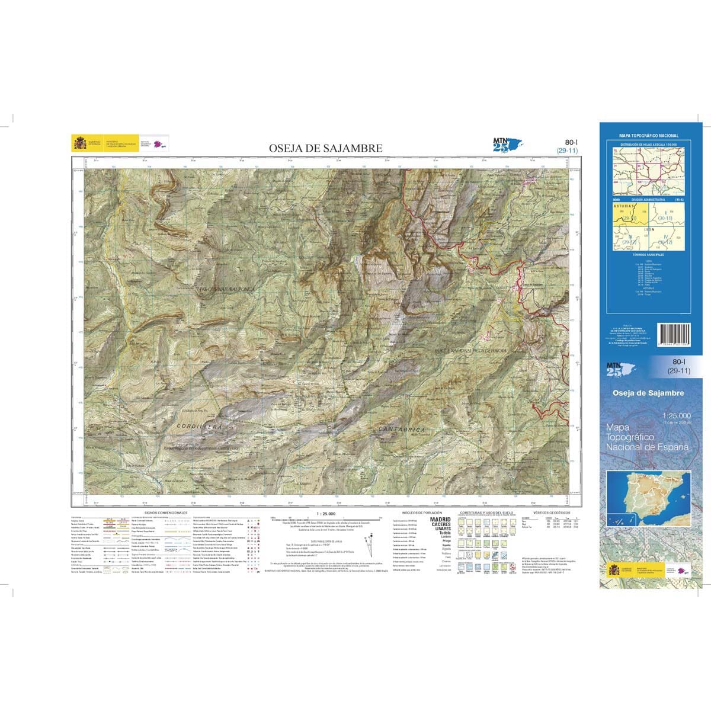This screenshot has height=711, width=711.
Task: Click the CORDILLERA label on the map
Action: click(198, 426)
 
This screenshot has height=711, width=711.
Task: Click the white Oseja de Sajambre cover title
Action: click(648, 393)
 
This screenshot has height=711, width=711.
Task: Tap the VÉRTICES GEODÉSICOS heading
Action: click(551, 512)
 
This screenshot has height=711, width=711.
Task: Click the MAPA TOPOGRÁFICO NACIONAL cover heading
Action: click(649, 136)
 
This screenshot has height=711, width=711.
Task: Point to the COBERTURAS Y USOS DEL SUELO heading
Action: click(486, 512)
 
